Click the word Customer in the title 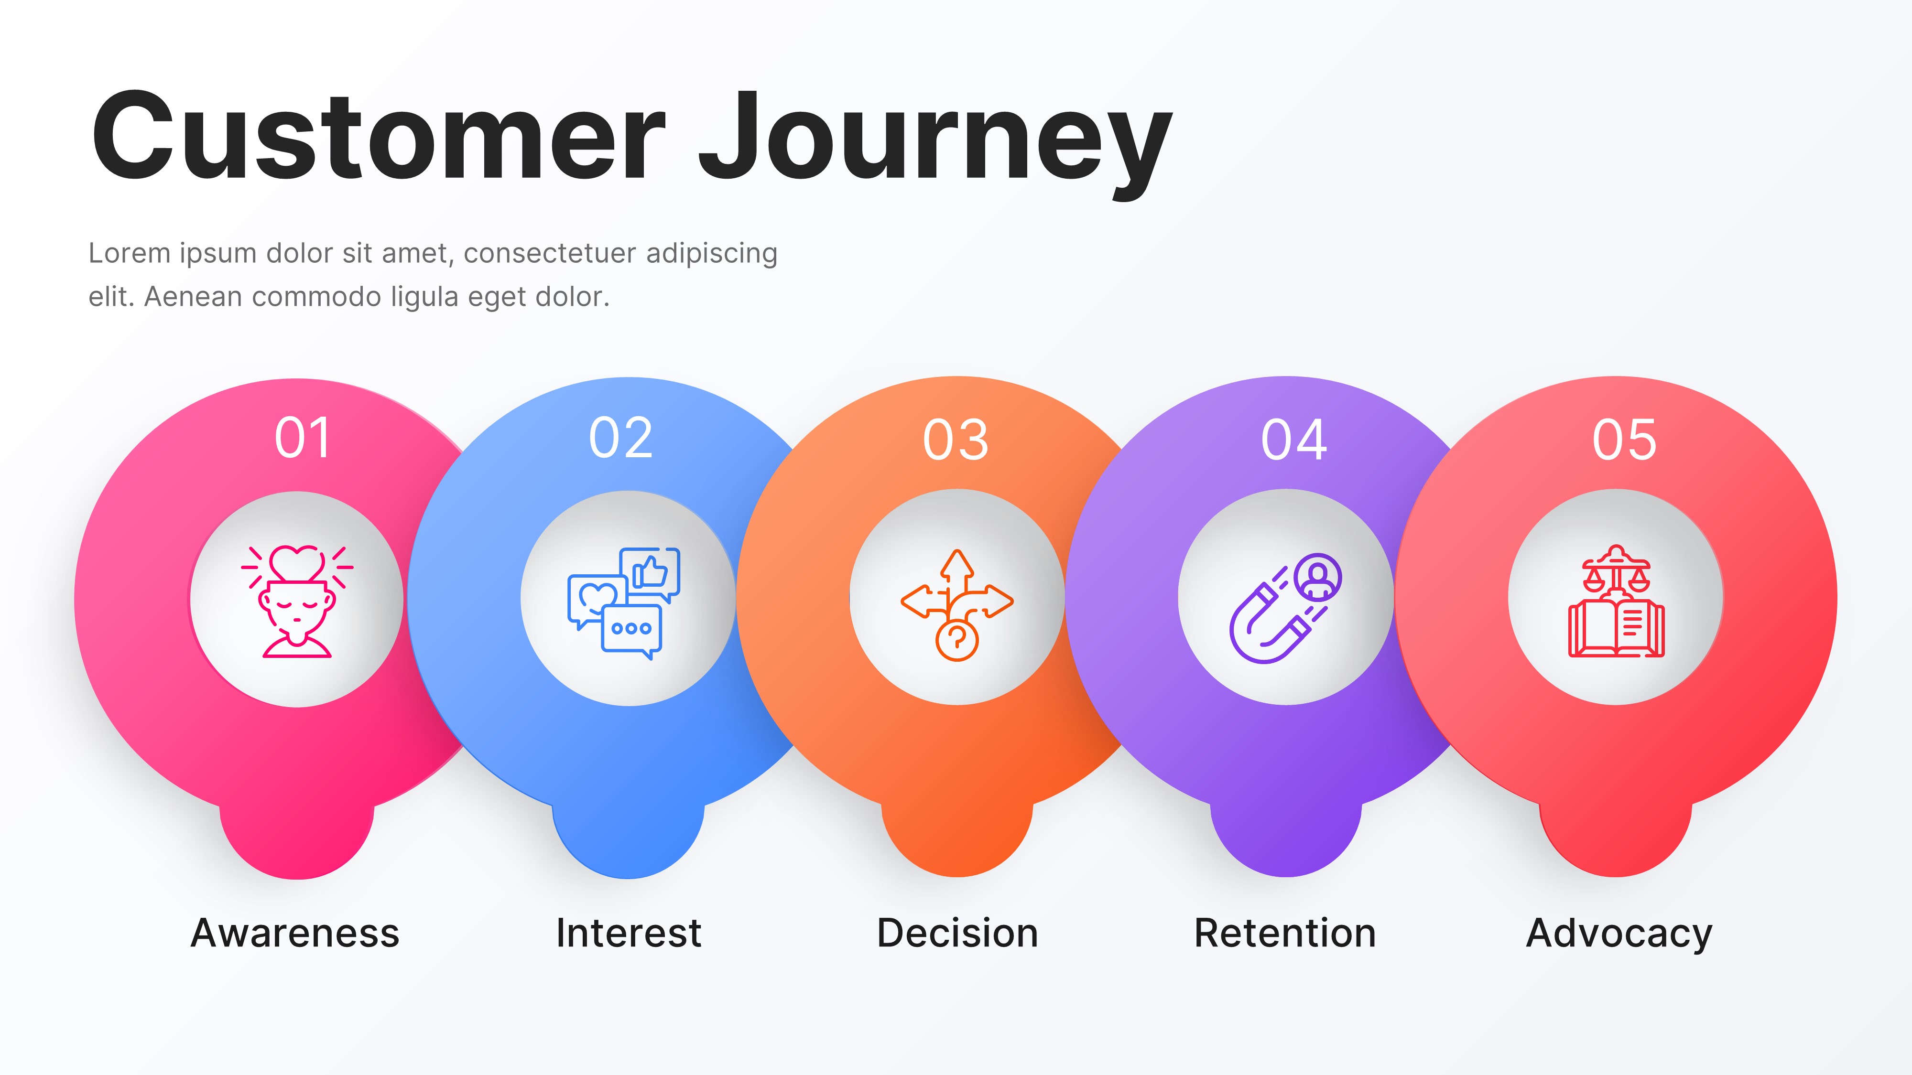coord(377,137)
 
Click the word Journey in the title coord(935,141)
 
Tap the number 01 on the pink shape coord(302,438)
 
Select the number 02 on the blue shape coord(620,438)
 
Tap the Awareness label coord(294,933)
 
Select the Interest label coord(628,933)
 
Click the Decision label coord(957,933)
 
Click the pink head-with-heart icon coord(297,601)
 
